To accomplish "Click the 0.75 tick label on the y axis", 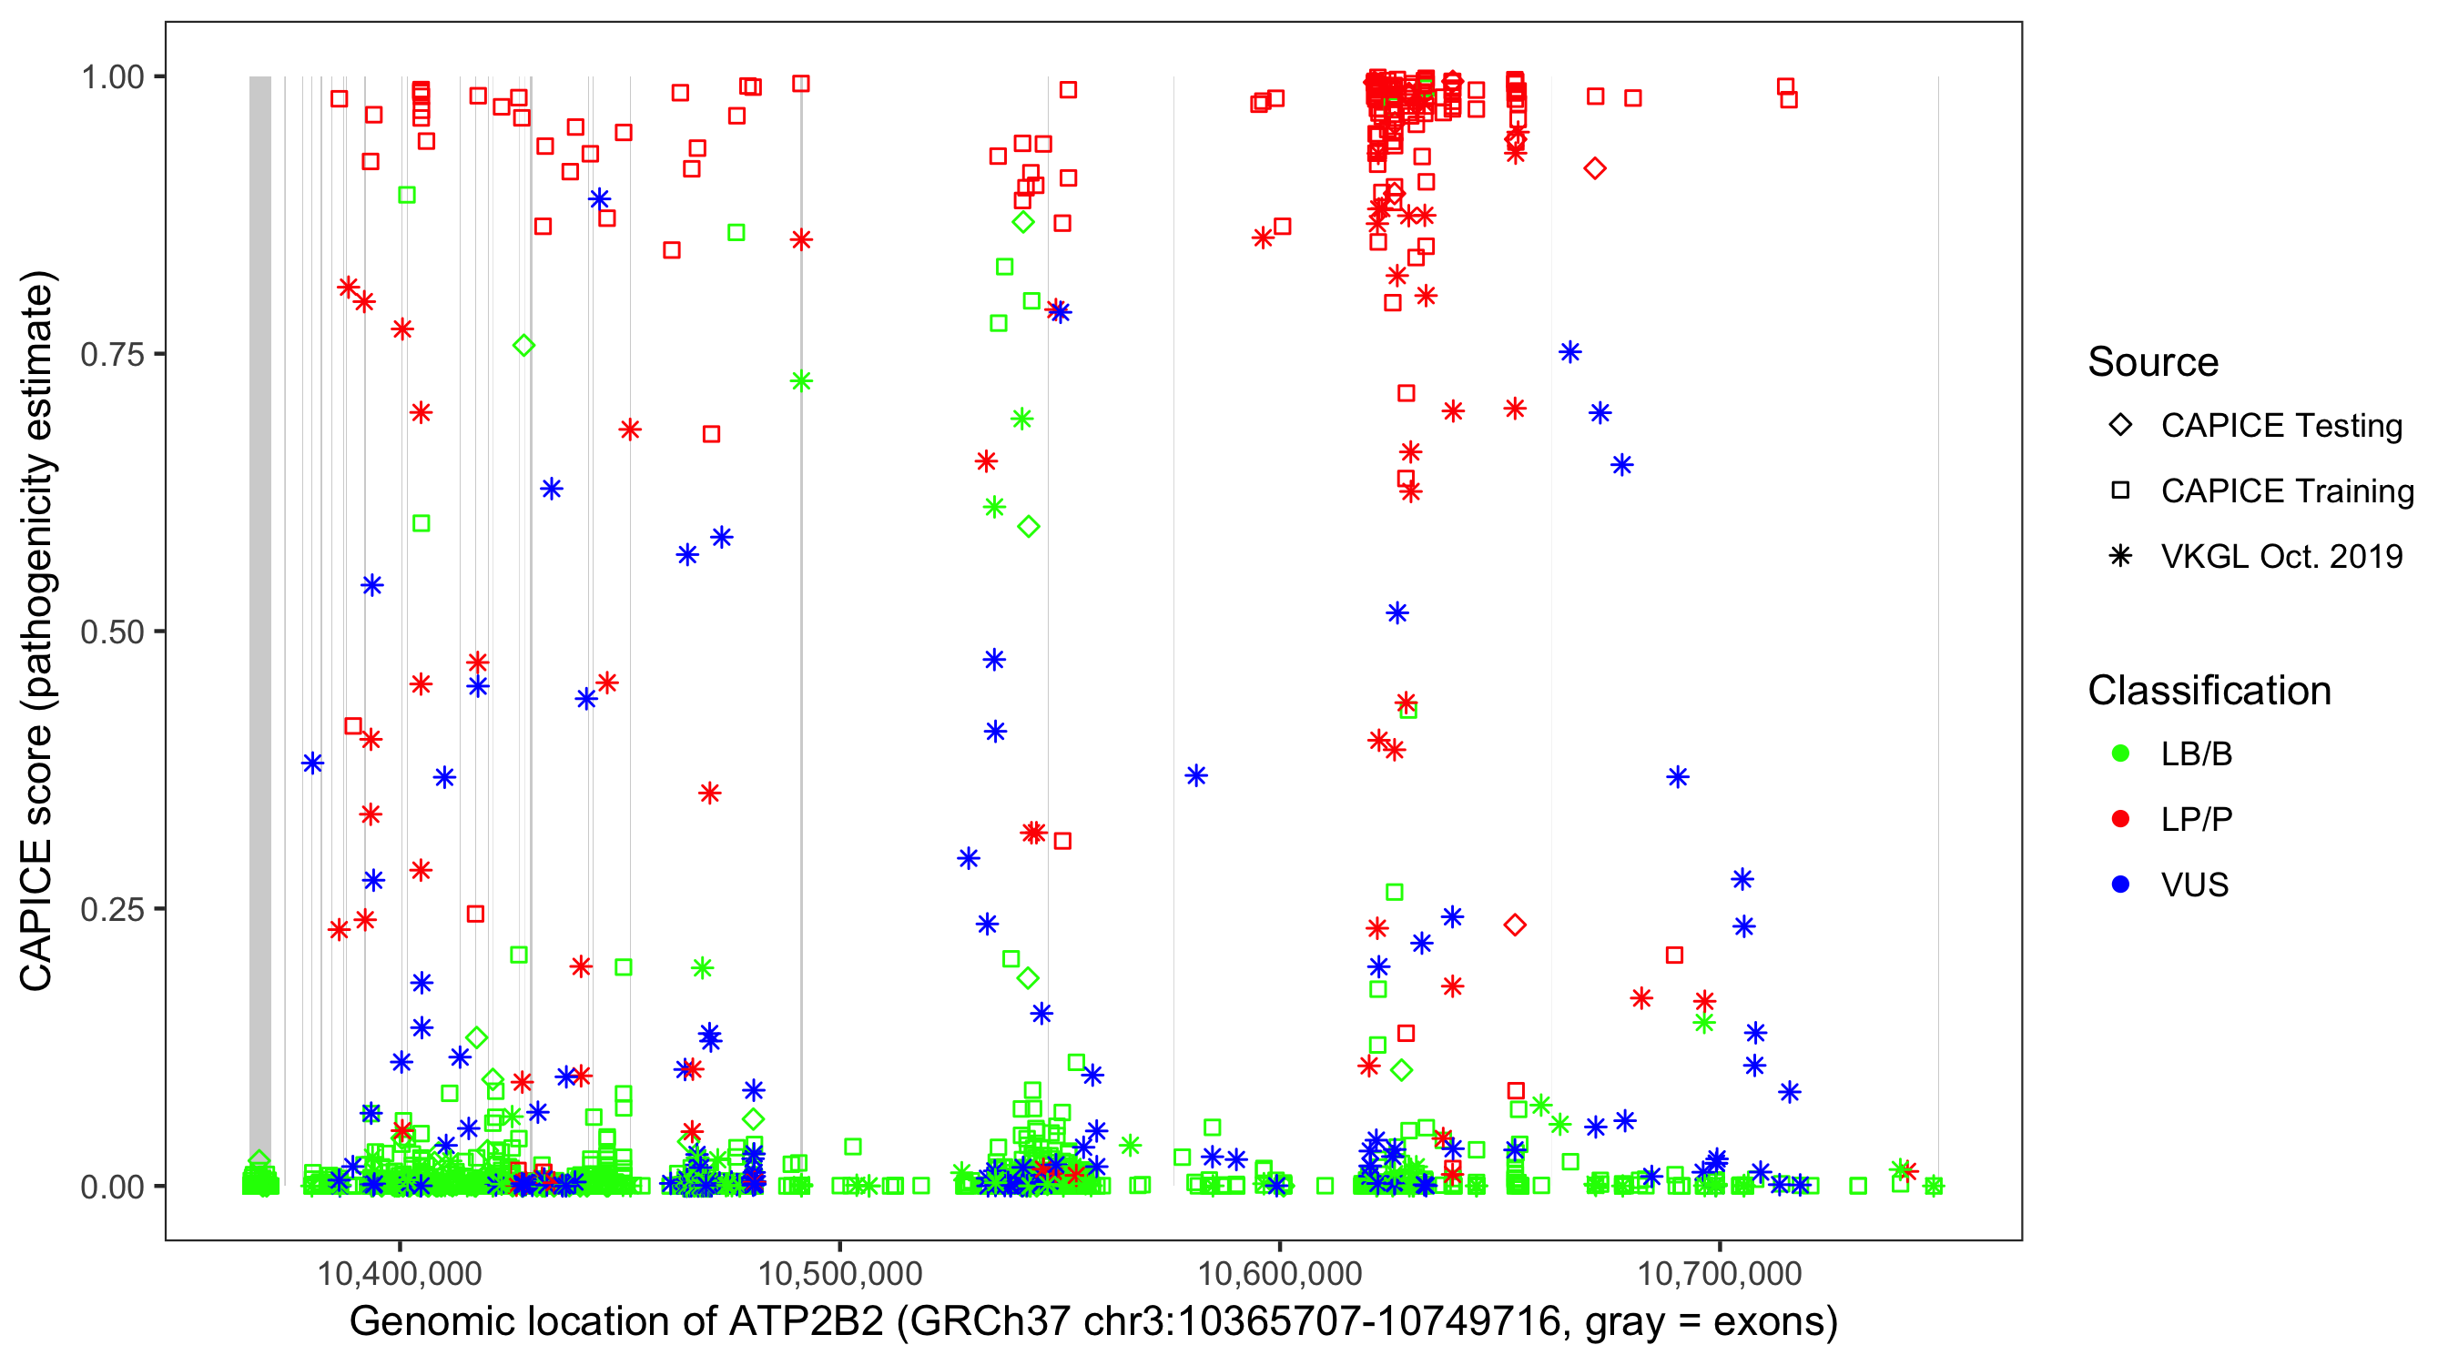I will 112,354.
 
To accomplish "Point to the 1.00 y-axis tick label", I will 112,76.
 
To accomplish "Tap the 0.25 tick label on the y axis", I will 112,909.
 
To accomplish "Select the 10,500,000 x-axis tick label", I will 839,1273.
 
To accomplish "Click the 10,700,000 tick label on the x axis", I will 1720,1273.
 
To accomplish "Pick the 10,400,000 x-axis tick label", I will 399,1273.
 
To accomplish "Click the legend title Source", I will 2153,362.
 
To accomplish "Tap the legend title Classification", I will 2209,691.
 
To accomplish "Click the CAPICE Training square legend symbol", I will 2120,490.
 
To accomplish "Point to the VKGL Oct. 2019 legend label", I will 2281,556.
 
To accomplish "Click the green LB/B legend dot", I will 2120,753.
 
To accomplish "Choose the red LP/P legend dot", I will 2120,819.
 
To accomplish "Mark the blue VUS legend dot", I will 2120,885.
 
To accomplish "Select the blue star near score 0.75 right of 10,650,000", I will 1569,353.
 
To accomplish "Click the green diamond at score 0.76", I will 523,345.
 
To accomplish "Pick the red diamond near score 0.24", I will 1514,925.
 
